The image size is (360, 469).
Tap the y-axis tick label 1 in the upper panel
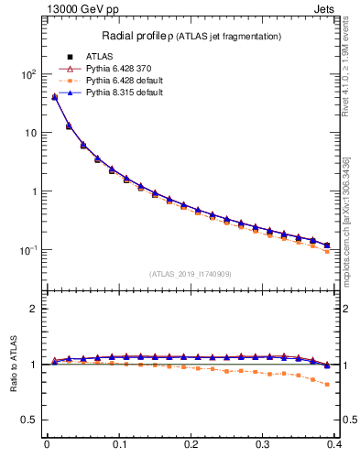click(34, 191)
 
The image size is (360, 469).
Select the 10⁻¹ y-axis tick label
click(27, 250)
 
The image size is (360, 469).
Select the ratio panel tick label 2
click(34, 309)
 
